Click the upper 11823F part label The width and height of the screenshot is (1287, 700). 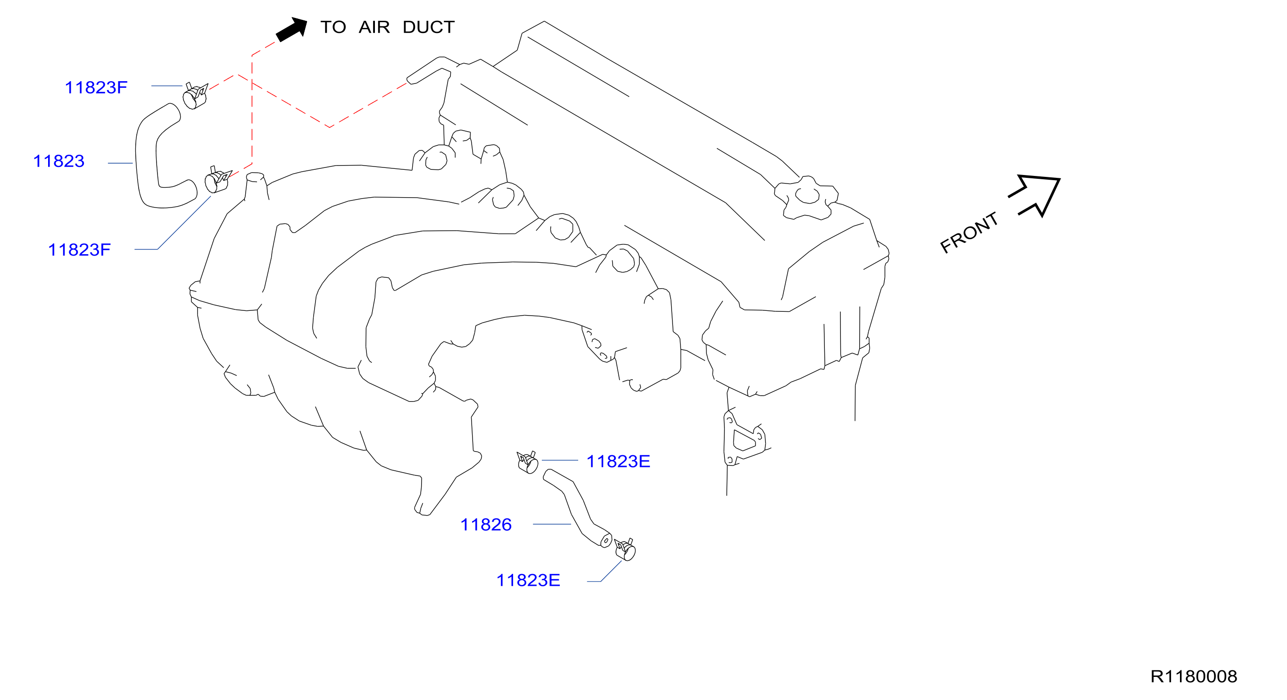(x=96, y=87)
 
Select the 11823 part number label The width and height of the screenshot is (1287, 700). (x=58, y=161)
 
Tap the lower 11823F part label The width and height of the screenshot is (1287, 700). (x=79, y=250)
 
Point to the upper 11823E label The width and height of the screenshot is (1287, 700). (x=618, y=461)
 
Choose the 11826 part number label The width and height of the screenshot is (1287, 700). (x=486, y=525)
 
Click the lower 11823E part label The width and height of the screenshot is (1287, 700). (x=528, y=580)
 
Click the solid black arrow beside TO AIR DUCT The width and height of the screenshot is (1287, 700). (x=292, y=29)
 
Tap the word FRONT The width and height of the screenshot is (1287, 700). (x=969, y=233)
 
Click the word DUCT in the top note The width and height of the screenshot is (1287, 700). (x=429, y=27)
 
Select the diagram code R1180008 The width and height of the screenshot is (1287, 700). (x=1194, y=676)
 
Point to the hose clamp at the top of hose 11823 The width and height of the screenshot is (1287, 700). (x=195, y=95)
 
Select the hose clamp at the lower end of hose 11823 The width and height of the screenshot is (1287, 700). (x=217, y=179)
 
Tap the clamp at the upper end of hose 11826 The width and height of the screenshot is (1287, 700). (x=528, y=462)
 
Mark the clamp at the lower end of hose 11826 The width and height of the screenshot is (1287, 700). (x=625, y=550)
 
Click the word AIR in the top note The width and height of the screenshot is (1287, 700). (x=374, y=27)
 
